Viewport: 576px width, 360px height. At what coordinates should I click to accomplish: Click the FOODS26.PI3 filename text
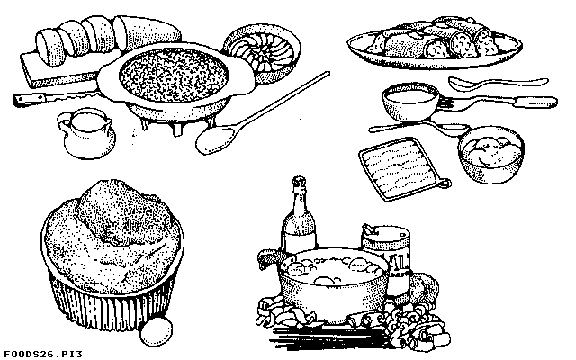click(43, 354)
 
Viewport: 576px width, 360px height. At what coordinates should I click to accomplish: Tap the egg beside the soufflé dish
click(156, 332)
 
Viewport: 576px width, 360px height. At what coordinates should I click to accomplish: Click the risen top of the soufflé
click(123, 212)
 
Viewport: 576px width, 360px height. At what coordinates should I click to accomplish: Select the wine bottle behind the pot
click(299, 218)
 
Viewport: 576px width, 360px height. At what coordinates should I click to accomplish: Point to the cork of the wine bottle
click(299, 181)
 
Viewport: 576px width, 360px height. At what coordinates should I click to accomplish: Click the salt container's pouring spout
click(370, 230)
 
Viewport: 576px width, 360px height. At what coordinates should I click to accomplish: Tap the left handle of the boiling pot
click(269, 260)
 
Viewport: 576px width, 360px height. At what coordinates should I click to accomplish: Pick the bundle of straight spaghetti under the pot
click(330, 336)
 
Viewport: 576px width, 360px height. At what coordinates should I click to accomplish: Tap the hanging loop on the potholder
click(445, 183)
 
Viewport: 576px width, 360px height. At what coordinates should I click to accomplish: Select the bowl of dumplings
click(491, 154)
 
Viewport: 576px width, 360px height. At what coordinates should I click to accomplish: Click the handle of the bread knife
click(30, 100)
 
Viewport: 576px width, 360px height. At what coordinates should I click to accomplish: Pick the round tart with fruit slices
click(262, 54)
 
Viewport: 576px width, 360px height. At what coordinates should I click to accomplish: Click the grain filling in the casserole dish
click(174, 76)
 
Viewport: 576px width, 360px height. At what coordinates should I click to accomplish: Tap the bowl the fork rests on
click(410, 102)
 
